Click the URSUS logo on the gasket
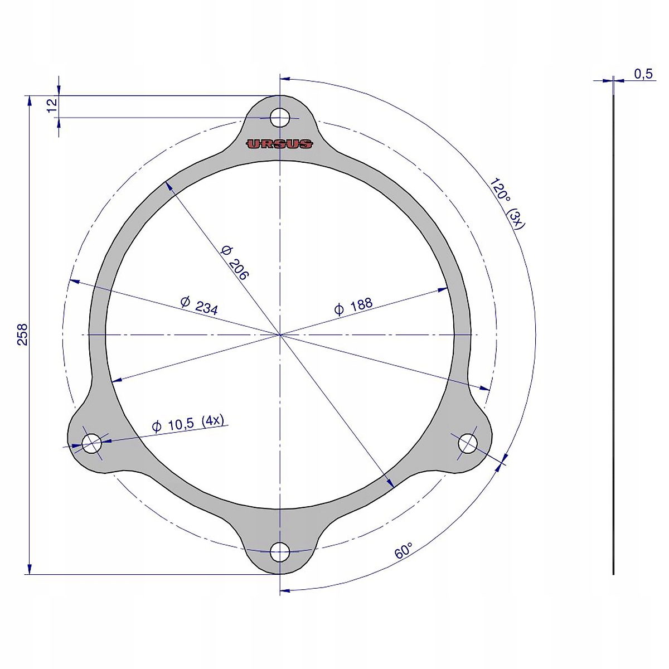[280, 144]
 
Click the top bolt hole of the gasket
[280, 118]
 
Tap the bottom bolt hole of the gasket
[280, 553]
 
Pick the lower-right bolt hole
[468, 444]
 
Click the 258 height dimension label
[22, 334]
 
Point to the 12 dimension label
[52, 106]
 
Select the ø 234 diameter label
[199, 306]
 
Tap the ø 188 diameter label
[353, 306]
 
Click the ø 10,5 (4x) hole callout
[188, 424]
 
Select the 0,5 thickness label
[643, 74]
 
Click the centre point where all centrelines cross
[280, 334]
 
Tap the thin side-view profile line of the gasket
[613, 334]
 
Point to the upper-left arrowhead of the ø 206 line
[169, 186]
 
